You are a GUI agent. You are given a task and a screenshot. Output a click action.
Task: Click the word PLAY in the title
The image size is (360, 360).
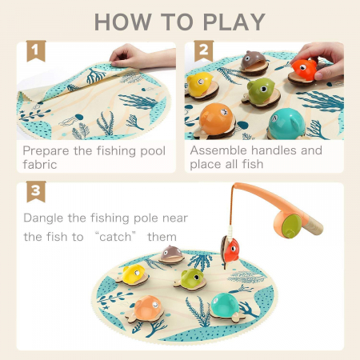(234, 22)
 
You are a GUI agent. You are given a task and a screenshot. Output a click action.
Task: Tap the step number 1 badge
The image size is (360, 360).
(36, 50)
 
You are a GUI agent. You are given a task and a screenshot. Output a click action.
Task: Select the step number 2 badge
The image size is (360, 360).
(204, 50)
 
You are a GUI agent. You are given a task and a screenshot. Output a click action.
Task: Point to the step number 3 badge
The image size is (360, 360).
(36, 191)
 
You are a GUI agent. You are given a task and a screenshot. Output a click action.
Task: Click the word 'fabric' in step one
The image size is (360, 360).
(40, 165)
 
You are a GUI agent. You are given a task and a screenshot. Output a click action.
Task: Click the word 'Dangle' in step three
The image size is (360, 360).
(43, 218)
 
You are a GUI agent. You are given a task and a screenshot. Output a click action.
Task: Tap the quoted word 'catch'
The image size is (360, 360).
(115, 237)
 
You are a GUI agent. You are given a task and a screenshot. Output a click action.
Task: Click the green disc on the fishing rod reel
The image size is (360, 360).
(291, 226)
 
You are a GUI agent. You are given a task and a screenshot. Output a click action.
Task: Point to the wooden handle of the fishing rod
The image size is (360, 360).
(313, 226)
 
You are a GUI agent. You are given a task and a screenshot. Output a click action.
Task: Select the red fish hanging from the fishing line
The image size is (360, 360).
(230, 250)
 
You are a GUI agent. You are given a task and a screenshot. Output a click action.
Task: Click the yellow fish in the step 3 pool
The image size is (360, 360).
(133, 275)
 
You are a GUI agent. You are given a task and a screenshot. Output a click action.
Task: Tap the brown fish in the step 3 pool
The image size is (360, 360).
(172, 255)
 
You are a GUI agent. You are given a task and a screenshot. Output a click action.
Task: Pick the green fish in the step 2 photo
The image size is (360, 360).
(261, 92)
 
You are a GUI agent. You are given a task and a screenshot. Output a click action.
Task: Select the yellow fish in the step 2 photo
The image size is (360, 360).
(201, 86)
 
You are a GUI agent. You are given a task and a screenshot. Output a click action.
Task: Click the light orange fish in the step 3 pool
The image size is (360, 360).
(146, 310)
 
